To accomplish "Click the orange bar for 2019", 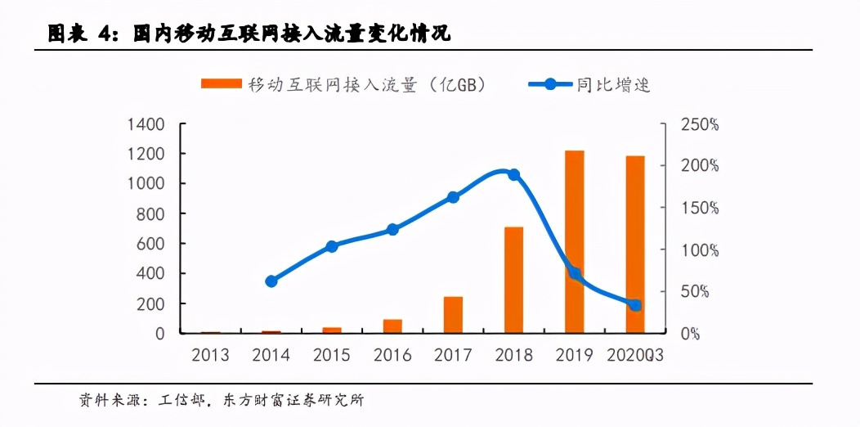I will click(x=575, y=242).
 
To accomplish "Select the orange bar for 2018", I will click(x=513, y=280).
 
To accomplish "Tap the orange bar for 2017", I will click(x=453, y=315).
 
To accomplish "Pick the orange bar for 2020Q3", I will click(x=635, y=245).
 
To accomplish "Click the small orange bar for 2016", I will click(x=392, y=326).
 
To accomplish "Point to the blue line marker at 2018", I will click(x=513, y=174).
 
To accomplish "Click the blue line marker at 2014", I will click(x=271, y=281).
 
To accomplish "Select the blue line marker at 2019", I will click(x=575, y=274).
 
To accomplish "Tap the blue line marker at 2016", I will click(x=392, y=230).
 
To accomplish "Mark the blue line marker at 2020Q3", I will click(x=635, y=305).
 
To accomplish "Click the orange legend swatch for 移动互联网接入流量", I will click(x=221, y=83).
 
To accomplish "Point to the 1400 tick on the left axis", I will click(x=146, y=124).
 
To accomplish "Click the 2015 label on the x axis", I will click(x=332, y=355).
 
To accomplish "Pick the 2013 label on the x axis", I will click(x=210, y=355).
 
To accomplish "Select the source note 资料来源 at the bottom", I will click(x=221, y=401).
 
